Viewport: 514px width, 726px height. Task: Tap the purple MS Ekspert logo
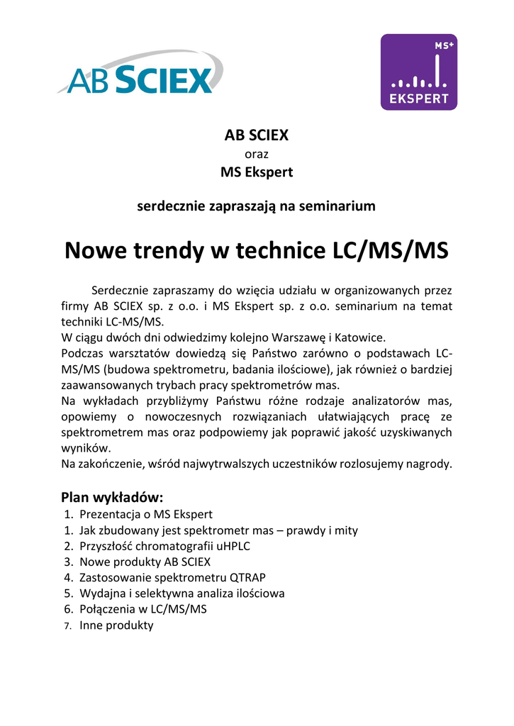(418, 72)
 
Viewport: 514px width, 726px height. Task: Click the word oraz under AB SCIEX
(256, 153)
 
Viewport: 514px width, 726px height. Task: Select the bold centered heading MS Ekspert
(256, 172)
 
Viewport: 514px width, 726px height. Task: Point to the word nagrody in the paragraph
(426, 464)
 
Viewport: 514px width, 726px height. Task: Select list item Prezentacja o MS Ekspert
(146, 514)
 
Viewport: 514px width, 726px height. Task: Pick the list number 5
(68, 593)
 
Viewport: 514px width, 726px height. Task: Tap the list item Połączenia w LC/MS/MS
(143, 609)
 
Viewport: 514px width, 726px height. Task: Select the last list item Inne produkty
(116, 625)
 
